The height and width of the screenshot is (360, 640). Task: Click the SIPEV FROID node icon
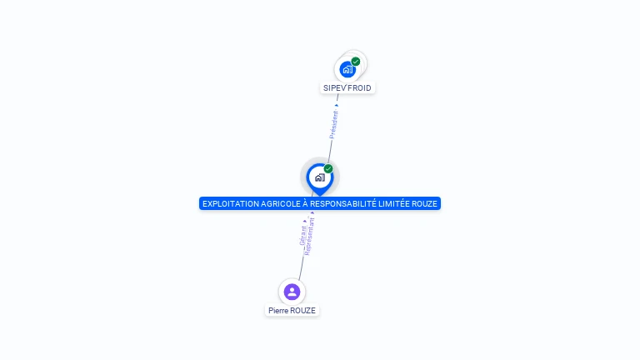347,69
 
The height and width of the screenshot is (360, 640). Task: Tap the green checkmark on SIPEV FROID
356,62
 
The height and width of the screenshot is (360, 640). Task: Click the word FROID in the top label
359,87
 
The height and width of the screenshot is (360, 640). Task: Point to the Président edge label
334,124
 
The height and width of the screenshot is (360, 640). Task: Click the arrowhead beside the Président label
337,105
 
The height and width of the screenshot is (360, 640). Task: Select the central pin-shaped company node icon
319,177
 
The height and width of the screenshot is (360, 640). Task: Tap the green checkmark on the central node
328,168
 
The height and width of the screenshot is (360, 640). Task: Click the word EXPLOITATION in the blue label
231,203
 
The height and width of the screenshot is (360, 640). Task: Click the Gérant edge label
303,234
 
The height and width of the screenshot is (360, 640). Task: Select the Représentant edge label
309,237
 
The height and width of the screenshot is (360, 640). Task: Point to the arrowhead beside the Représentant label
312,213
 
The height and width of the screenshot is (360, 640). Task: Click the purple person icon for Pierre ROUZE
292,292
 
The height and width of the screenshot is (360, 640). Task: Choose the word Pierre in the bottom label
277,310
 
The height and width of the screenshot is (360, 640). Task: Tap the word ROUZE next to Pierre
302,310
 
